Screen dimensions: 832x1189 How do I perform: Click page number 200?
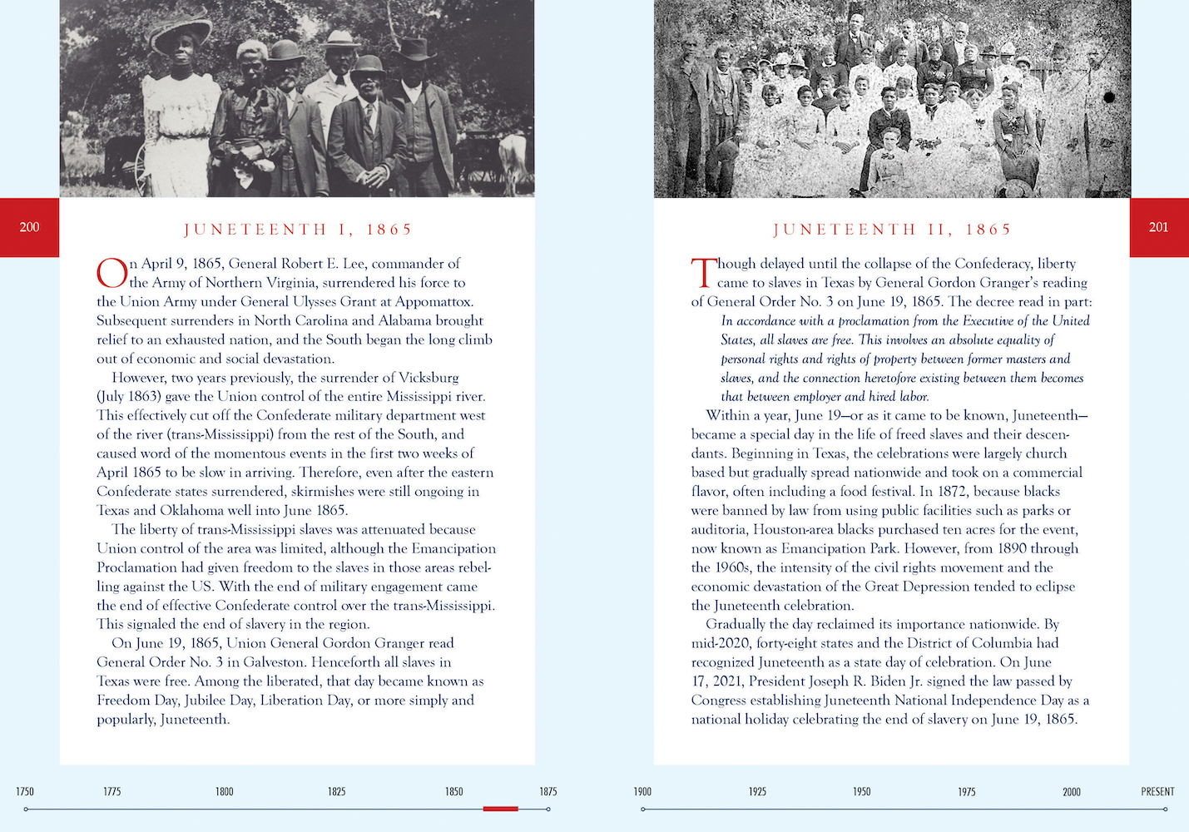pyautogui.click(x=29, y=227)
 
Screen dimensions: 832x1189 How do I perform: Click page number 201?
pyautogui.click(x=1158, y=227)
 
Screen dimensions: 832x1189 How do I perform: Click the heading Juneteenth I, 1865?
pyautogui.click(x=298, y=230)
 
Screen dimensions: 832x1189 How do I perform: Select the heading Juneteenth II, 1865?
pyautogui.click(x=892, y=230)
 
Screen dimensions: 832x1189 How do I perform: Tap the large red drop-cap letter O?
pyautogui.click(x=111, y=272)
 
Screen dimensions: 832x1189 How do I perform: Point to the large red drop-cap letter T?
pyautogui.click(x=703, y=272)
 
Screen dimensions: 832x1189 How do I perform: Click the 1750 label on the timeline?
pyautogui.click(x=25, y=791)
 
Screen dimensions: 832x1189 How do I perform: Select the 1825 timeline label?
pyautogui.click(x=336, y=791)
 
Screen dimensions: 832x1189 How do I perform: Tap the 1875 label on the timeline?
pyautogui.click(x=547, y=791)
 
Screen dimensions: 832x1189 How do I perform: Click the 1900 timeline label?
pyautogui.click(x=642, y=791)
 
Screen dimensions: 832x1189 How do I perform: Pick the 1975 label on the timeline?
pyautogui.click(x=966, y=791)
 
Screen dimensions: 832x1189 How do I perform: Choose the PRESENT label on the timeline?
pyautogui.click(x=1157, y=791)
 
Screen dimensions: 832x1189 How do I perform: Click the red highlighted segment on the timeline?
pyautogui.click(x=500, y=809)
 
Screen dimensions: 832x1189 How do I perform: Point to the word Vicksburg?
pyautogui.click(x=421, y=378)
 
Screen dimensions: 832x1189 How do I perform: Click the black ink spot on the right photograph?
pyautogui.click(x=1108, y=97)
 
